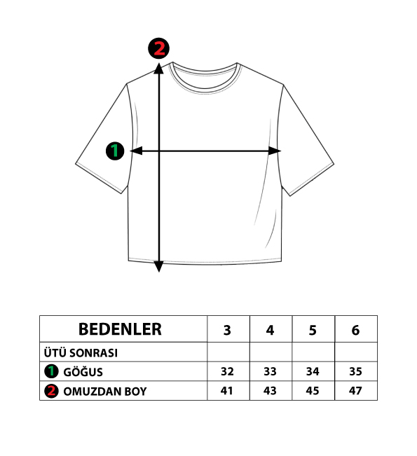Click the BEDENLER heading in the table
pyautogui.click(x=120, y=329)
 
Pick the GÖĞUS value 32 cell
pyautogui.click(x=227, y=371)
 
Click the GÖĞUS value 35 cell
pyautogui.click(x=355, y=371)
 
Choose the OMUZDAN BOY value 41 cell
pyautogui.click(x=226, y=391)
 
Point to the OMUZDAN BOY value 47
pyautogui.click(x=355, y=391)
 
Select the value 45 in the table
pyautogui.click(x=313, y=391)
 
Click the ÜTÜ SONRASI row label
pyautogui.click(x=81, y=353)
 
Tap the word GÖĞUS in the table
pyautogui.click(x=83, y=372)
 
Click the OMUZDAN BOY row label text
pyautogui.click(x=105, y=392)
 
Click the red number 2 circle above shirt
pyautogui.click(x=159, y=48)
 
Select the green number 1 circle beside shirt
pyautogui.click(x=115, y=151)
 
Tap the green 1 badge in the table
pyautogui.click(x=51, y=372)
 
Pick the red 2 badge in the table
pyautogui.click(x=51, y=391)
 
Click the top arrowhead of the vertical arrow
pyautogui.click(x=159, y=69)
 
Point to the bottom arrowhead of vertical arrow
pyautogui.click(x=159, y=267)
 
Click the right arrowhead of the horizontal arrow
pyautogui.click(x=275, y=151)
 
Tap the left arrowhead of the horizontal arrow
pyautogui.click(x=136, y=151)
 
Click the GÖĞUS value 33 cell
pyautogui.click(x=270, y=371)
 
